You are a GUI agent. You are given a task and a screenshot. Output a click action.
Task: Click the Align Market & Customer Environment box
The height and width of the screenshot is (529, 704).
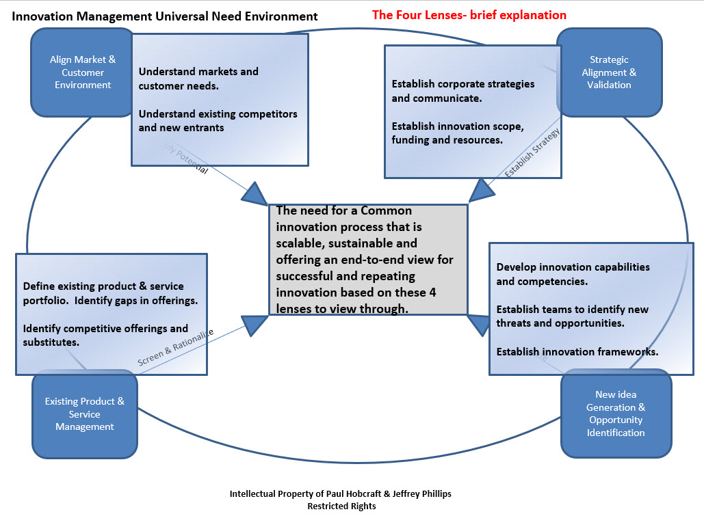point(82,72)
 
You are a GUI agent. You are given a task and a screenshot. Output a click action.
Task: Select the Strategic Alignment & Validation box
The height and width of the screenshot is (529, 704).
point(609,72)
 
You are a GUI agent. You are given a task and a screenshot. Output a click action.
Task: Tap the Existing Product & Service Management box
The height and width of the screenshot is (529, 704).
point(85,414)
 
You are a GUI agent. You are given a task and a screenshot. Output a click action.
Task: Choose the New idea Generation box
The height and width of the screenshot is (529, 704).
point(616,413)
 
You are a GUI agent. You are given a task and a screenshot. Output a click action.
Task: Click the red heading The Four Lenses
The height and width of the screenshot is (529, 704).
point(469,14)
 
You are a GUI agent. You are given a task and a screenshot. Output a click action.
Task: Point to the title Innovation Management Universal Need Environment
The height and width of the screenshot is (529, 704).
point(165,16)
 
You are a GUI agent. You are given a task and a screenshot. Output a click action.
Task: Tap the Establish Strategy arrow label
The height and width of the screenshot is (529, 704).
point(532,154)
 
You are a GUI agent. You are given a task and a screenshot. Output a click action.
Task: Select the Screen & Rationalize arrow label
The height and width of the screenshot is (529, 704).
point(176,347)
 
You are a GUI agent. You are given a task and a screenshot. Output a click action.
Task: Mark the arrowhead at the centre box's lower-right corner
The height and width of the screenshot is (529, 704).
point(479,325)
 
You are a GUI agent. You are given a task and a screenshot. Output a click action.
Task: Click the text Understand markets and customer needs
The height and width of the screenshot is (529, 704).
point(198,79)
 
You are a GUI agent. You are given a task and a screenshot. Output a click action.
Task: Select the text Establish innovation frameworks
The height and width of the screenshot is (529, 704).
point(577,352)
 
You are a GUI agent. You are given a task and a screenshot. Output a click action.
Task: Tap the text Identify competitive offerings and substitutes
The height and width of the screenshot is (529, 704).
point(105,335)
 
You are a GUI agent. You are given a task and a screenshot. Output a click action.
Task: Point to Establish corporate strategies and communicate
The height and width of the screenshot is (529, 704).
point(463,90)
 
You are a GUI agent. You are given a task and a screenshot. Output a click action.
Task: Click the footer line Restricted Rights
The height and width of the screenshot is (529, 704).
point(341,506)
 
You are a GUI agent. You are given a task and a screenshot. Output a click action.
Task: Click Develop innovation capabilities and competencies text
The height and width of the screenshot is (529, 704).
point(573,273)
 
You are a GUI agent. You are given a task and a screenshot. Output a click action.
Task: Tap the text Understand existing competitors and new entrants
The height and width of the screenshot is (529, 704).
point(218,120)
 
